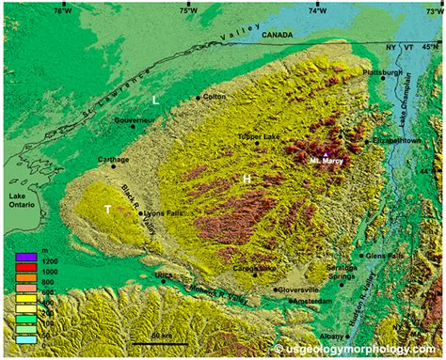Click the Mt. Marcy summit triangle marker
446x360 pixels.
coord(326,153)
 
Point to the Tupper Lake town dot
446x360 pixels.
coord(257,144)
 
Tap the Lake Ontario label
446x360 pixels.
coord(20,201)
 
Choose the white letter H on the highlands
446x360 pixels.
coord(246,178)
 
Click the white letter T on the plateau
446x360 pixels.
coord(108,209)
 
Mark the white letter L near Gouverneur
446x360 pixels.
coord(156,100)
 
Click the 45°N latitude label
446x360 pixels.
coord(430,46)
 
